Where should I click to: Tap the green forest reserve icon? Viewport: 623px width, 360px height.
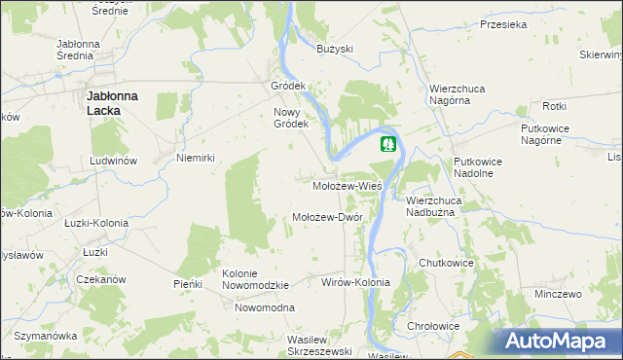(388, 145)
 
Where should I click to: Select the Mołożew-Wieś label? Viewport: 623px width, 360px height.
(346, 184)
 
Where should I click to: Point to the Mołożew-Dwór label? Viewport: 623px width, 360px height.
(328, 217)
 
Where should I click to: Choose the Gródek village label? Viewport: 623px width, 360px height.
(288, 86)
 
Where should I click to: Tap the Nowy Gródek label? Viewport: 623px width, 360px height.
(290, 117)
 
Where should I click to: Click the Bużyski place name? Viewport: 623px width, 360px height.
(335, 49)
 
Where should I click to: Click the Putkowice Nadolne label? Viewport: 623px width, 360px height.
(474, 167)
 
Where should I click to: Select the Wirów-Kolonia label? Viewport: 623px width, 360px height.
(354, 282)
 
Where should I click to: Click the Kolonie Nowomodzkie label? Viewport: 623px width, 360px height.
(255, 279)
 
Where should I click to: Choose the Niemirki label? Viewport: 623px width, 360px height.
(194, 158)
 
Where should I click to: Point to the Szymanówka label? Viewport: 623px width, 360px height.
(45, 336)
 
